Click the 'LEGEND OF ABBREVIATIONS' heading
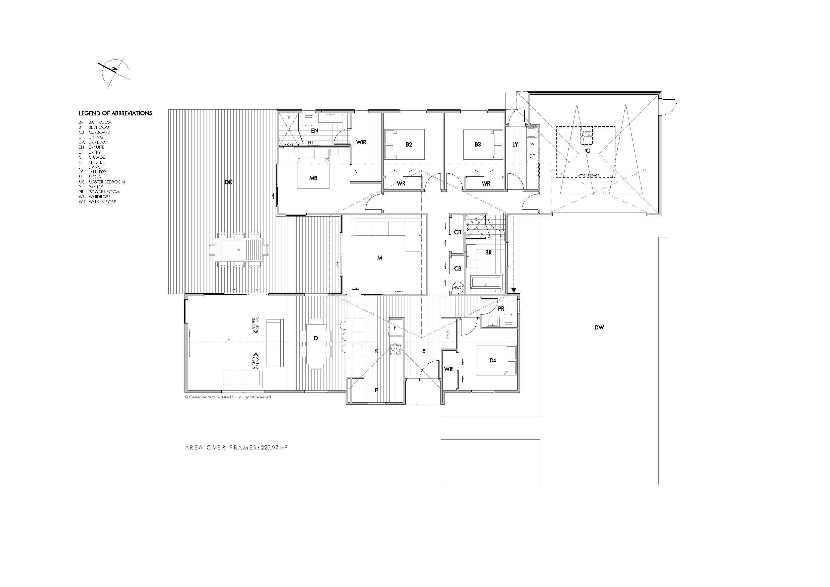pos(115,113)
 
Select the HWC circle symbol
pos(458,288)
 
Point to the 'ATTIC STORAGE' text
pos(589,176)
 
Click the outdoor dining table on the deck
pos(239,249)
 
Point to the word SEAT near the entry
pos(448,334)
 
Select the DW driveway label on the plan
pos(599,328)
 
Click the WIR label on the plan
pos(361,142)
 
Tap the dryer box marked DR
pos(532,156)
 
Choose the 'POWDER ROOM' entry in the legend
pos(104,192)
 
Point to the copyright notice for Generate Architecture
pos(228,397)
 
